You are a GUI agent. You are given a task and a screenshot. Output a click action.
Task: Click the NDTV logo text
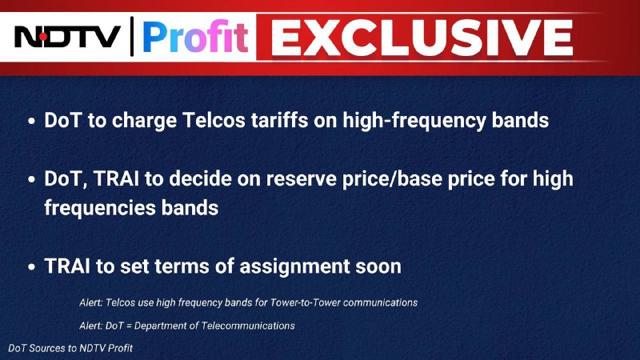click(67, 37)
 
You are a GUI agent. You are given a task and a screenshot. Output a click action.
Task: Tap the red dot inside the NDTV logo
click(44, 37)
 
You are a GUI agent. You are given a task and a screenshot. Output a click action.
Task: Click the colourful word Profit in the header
click(195, 37)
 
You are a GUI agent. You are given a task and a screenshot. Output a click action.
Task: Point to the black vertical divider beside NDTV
click(132, 36)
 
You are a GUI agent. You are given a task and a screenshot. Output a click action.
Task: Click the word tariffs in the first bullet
click(279, 121)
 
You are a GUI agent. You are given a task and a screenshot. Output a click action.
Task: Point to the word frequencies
click(99, 208)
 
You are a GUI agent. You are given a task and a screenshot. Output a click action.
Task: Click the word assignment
click(294, 267)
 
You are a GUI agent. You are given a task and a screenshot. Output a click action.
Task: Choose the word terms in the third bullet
click(182, 266)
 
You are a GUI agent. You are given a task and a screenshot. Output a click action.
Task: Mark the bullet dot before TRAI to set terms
click(32, 267)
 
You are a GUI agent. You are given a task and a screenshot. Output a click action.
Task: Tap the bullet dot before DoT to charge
click(32, 122)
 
